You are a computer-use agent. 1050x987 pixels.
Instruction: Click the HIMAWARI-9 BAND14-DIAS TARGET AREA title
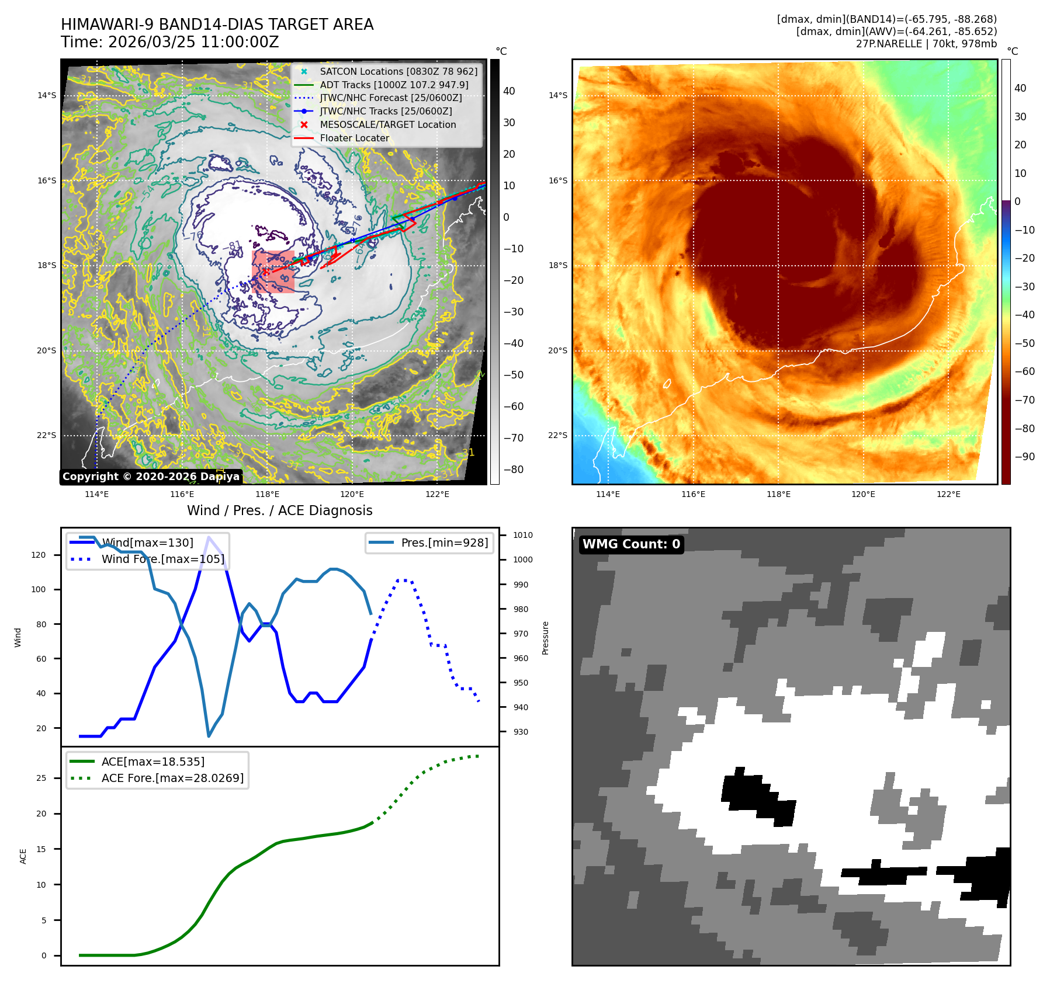coord(217,25)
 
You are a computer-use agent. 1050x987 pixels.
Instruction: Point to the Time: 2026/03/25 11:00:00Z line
coord(169,42)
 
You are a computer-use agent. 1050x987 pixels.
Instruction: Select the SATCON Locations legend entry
coord(398,71)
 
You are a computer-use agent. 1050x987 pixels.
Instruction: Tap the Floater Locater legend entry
coord(354,138)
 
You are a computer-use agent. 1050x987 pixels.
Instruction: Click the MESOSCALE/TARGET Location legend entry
coord(387,124)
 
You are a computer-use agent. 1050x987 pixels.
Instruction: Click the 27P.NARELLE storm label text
coord(926,44)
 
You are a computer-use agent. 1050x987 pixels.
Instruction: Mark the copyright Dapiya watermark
coord(151,477)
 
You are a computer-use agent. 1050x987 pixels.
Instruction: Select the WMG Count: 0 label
coord(631,544)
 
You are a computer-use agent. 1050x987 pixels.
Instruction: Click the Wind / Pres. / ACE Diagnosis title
coord(279,510)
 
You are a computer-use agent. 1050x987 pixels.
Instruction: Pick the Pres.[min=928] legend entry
coord(444,543)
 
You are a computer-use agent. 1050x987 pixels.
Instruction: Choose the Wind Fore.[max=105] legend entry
coord(162,559)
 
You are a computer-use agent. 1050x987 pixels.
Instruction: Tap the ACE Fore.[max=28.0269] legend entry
coord(172,778)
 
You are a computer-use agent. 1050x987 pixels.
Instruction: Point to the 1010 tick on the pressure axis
coord(522,535)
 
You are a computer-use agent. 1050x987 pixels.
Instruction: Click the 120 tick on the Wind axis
coord(39,555)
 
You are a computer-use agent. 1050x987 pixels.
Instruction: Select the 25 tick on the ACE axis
coord(41,778)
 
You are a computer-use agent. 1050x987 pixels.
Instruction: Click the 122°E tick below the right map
coord(948,494)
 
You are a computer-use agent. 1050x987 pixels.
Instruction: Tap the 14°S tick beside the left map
coord(47,95)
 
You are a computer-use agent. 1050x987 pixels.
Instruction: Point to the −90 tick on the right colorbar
coord(1024,457)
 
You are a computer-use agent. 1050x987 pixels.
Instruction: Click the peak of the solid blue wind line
coord(209,537)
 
